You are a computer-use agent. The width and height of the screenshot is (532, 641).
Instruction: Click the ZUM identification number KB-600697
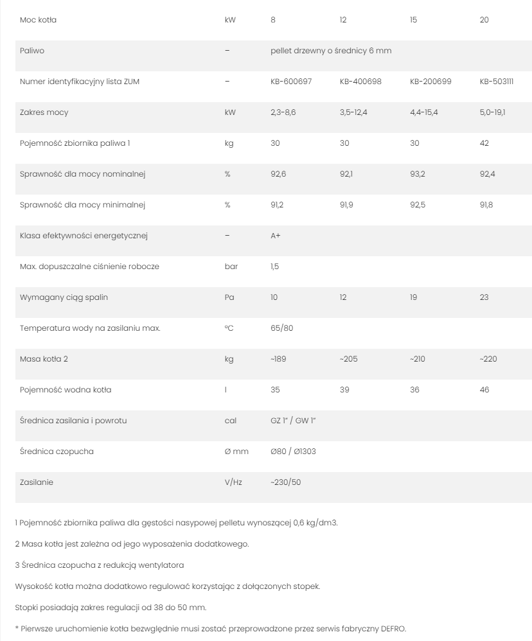[291, 82]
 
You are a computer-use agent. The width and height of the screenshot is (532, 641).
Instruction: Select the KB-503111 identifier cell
[497, 82]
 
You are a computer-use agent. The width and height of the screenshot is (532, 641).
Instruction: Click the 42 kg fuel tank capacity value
[484, 143]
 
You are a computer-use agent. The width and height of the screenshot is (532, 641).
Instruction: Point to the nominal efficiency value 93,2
[418, 174]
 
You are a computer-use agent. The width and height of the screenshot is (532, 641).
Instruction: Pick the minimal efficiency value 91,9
[347, 205]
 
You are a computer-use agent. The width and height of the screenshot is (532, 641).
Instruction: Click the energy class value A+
[276, 236]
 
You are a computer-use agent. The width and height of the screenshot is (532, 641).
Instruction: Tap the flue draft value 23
[484, 297]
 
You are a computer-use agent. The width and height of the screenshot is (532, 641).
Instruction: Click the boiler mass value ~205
[349, 359]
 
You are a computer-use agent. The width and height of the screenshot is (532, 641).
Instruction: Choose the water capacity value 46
[484, 390]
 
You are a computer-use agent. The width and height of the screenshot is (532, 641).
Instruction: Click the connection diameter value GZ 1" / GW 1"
[294, 421]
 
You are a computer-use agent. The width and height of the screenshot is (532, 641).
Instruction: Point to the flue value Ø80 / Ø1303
[293, 452]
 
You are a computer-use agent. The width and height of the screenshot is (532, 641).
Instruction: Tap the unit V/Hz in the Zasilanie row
[233, 482]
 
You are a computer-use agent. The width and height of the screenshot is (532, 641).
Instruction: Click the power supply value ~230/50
[285, 482]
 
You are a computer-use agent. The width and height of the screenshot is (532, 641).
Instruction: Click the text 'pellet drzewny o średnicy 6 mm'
[331, 51]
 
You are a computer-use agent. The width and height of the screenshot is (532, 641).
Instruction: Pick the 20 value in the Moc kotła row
[484, 20]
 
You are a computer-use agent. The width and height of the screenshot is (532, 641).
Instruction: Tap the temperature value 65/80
[281, 328]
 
